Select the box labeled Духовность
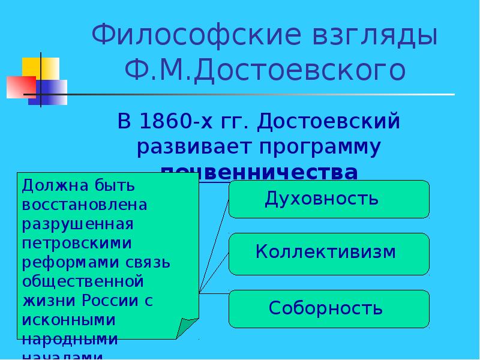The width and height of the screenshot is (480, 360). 329,199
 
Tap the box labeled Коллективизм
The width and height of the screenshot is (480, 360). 329,252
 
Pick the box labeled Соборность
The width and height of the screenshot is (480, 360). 329,308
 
